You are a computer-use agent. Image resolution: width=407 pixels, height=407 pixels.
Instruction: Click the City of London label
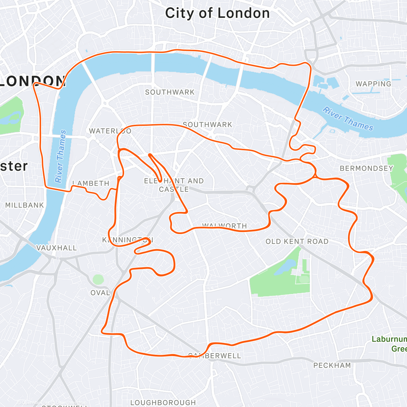coord(217,14)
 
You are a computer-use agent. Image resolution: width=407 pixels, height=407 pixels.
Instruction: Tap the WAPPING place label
coord(373,84)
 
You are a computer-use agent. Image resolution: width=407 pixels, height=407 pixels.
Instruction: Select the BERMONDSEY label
coord(366,168)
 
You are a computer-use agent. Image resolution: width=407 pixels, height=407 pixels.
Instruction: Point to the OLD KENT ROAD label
coord(297,241)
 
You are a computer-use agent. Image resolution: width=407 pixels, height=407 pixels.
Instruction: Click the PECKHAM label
coord(332,365)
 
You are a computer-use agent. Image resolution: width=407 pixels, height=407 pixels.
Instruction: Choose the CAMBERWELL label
coord(214,356)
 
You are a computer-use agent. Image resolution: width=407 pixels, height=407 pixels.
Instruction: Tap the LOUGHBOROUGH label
coord(163,403)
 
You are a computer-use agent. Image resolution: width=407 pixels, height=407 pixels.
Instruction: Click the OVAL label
coord(100,293)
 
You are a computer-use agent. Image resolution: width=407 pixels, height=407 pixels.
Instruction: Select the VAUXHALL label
coord(57,248)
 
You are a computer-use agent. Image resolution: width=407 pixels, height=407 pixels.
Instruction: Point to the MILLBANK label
coord(24,205)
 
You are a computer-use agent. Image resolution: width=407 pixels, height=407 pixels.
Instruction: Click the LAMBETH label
coord(91,183)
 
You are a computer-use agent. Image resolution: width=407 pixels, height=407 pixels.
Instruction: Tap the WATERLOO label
coord(110,131)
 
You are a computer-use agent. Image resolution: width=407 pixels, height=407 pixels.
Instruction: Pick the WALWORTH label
coord(225,226)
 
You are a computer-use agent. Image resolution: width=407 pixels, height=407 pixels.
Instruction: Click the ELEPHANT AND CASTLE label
coord(174,185)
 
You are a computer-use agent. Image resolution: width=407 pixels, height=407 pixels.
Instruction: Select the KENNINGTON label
coord(128,240)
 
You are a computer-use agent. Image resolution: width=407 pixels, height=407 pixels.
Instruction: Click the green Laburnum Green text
coord(390,344)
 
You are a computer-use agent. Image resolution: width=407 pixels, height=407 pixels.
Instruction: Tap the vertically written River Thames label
coord(61,156)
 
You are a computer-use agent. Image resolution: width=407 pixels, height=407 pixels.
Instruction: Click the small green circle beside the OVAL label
coord(98,280)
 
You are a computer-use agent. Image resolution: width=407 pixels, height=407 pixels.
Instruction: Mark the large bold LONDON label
coord(32,81)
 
